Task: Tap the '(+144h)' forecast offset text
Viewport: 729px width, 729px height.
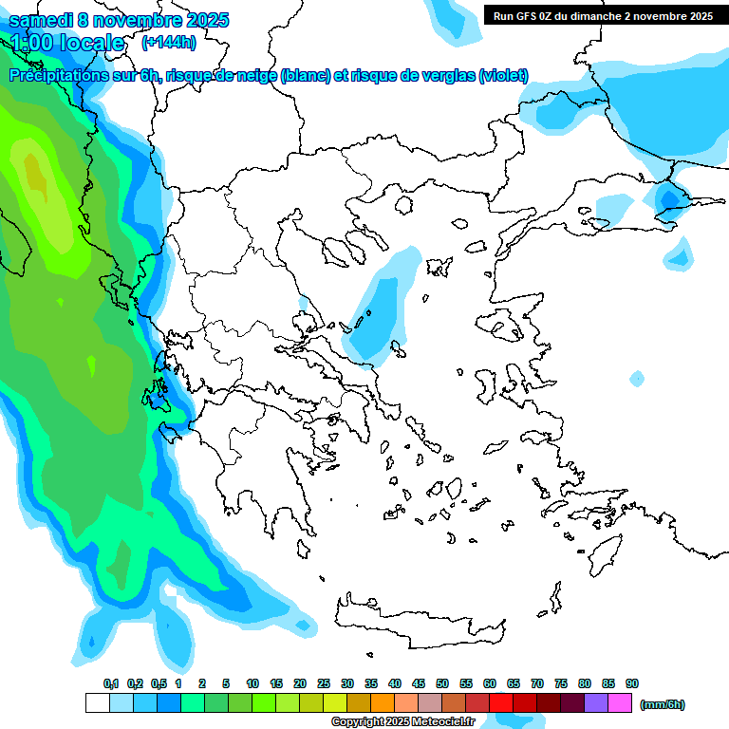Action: click(168, 42)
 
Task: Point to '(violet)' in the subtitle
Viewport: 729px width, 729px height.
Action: click(503, 76)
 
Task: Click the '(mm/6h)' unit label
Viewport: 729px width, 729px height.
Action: click(663, 704)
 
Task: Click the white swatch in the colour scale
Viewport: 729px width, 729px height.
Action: click(97, 703)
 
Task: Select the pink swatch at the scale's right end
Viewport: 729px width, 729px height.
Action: click(620, 703)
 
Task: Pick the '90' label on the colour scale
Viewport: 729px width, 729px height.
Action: click(632, 683)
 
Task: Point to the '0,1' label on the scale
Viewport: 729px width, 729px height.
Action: click(111, 683)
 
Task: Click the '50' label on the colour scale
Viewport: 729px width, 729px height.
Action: click(442, 683)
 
